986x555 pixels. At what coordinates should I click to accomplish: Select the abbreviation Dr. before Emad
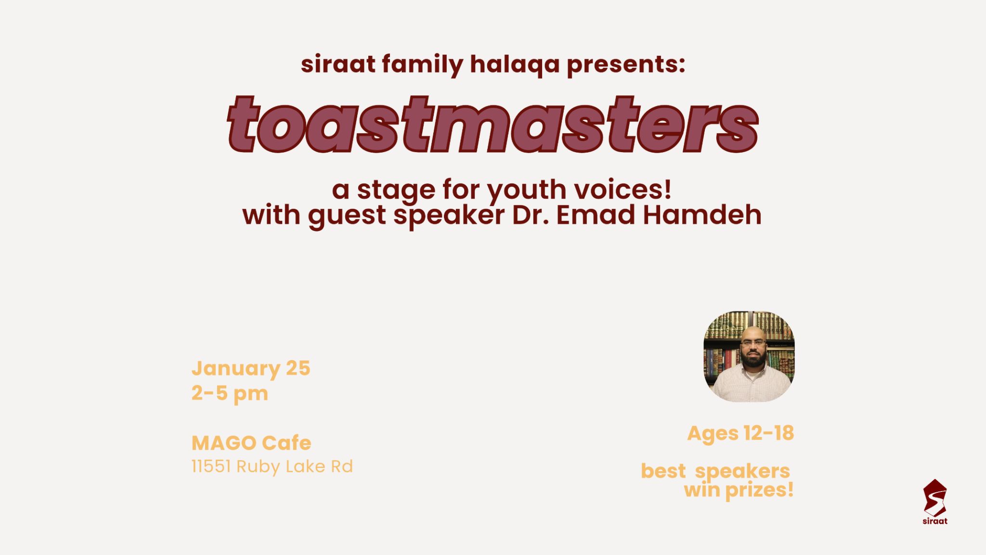click(x=530, y=215)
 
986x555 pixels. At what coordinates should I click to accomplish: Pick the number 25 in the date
click(x=298, y=368)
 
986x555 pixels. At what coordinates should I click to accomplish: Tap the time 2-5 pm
click(x=230, y=394)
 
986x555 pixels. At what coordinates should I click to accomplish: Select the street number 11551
click(x=211, y=466)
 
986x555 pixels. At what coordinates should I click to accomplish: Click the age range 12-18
click(x=768, y=433)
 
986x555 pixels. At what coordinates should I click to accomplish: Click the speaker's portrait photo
click(x=749, y=357)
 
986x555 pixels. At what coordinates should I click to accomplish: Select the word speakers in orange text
click(x=742, y=471)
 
